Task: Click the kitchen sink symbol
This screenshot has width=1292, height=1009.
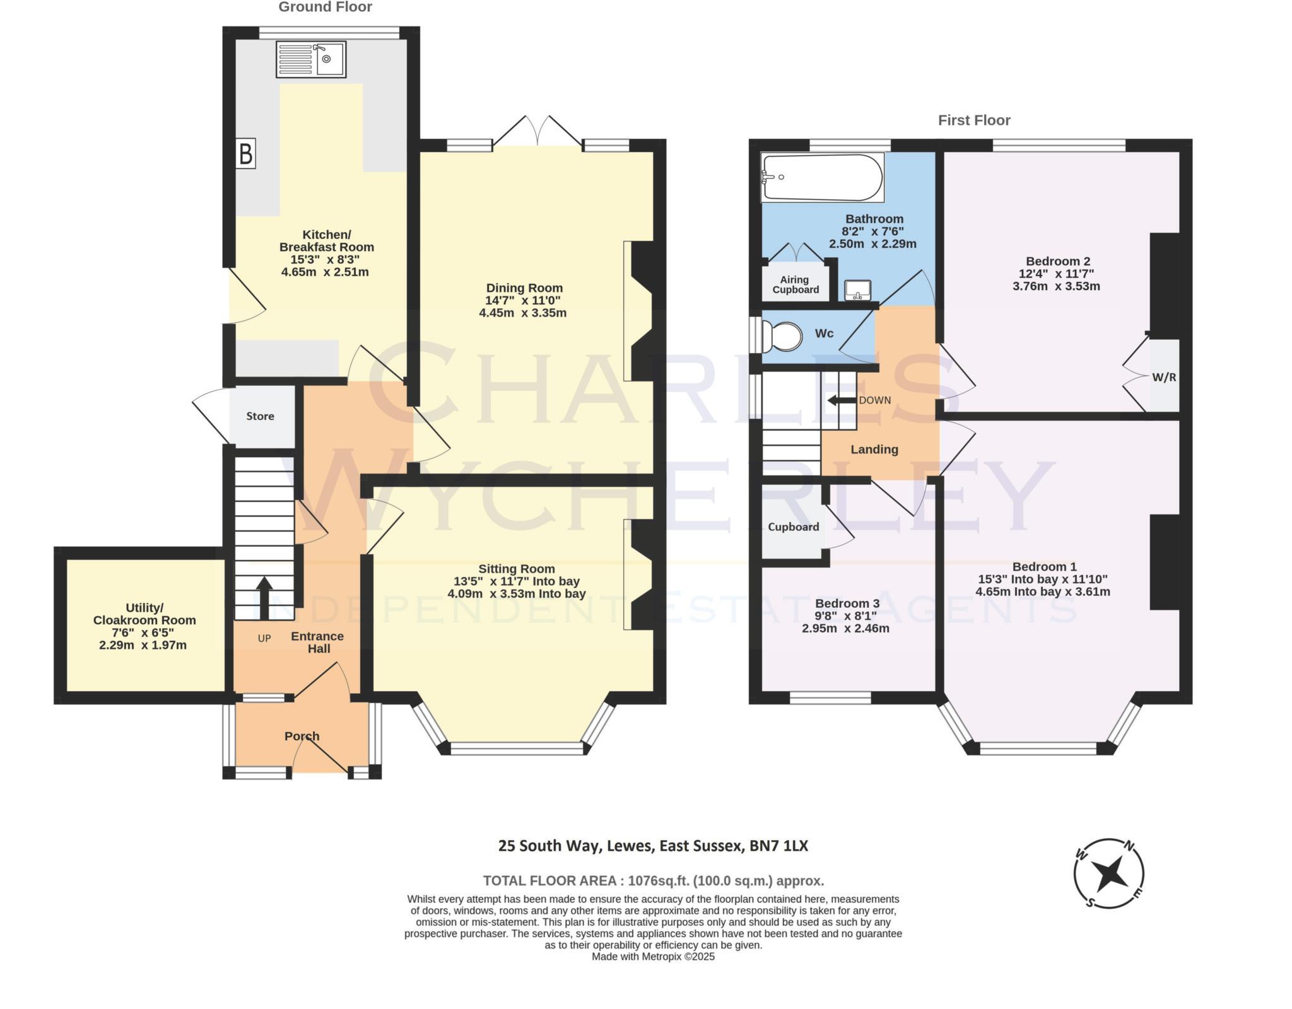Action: point(310,59)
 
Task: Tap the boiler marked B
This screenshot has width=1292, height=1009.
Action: point(246,154)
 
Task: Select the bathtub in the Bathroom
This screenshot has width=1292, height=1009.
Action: point(822,177)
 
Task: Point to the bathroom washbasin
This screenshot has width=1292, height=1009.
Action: point(857,291)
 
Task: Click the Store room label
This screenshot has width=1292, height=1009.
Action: point(260,416)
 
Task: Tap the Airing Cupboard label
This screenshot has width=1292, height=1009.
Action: point(795,284)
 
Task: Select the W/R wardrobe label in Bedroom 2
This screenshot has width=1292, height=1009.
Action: point(1164,378)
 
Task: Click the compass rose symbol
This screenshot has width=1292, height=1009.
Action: point(1108,873)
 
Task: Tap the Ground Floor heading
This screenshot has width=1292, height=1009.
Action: point(325,8)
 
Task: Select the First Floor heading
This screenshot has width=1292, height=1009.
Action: point(974,120)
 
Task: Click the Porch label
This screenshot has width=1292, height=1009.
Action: point(302,736)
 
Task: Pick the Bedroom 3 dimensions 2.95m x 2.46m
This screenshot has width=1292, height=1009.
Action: point(845,629)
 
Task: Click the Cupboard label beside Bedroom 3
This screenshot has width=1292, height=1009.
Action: point(793,527)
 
